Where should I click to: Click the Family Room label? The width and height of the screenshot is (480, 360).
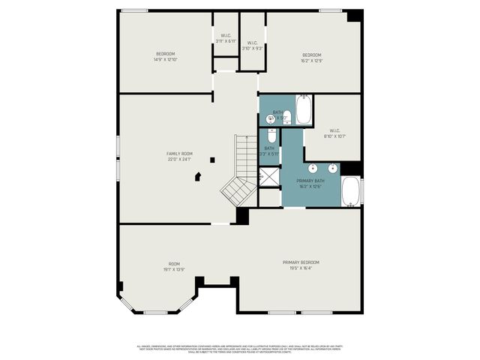[x=179, y=156]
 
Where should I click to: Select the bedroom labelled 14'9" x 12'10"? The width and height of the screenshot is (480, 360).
[x=165, y=56]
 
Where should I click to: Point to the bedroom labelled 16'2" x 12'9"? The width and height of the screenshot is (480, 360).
[x=311, y=57]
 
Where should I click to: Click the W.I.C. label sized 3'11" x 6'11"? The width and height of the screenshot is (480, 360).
[x=226, y=37]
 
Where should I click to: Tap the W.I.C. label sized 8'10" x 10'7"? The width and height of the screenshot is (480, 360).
[x=334, y=134]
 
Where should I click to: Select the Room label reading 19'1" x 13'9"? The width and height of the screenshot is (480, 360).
[x=173, y=266]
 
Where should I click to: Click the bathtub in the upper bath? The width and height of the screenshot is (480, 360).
[x=304, y=110]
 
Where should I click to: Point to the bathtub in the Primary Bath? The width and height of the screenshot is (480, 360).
[x=351, y=191]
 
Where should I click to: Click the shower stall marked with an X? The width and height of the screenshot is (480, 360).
[x=268, y=177]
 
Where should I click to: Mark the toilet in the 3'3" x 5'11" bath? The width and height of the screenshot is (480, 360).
[x=271, y=136]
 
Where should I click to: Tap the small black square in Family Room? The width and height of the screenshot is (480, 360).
[x=213, y=159]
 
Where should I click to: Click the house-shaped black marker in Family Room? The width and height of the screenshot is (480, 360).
[x=198, y=177]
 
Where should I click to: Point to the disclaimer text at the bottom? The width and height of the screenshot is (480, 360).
[x=240, y=349]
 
